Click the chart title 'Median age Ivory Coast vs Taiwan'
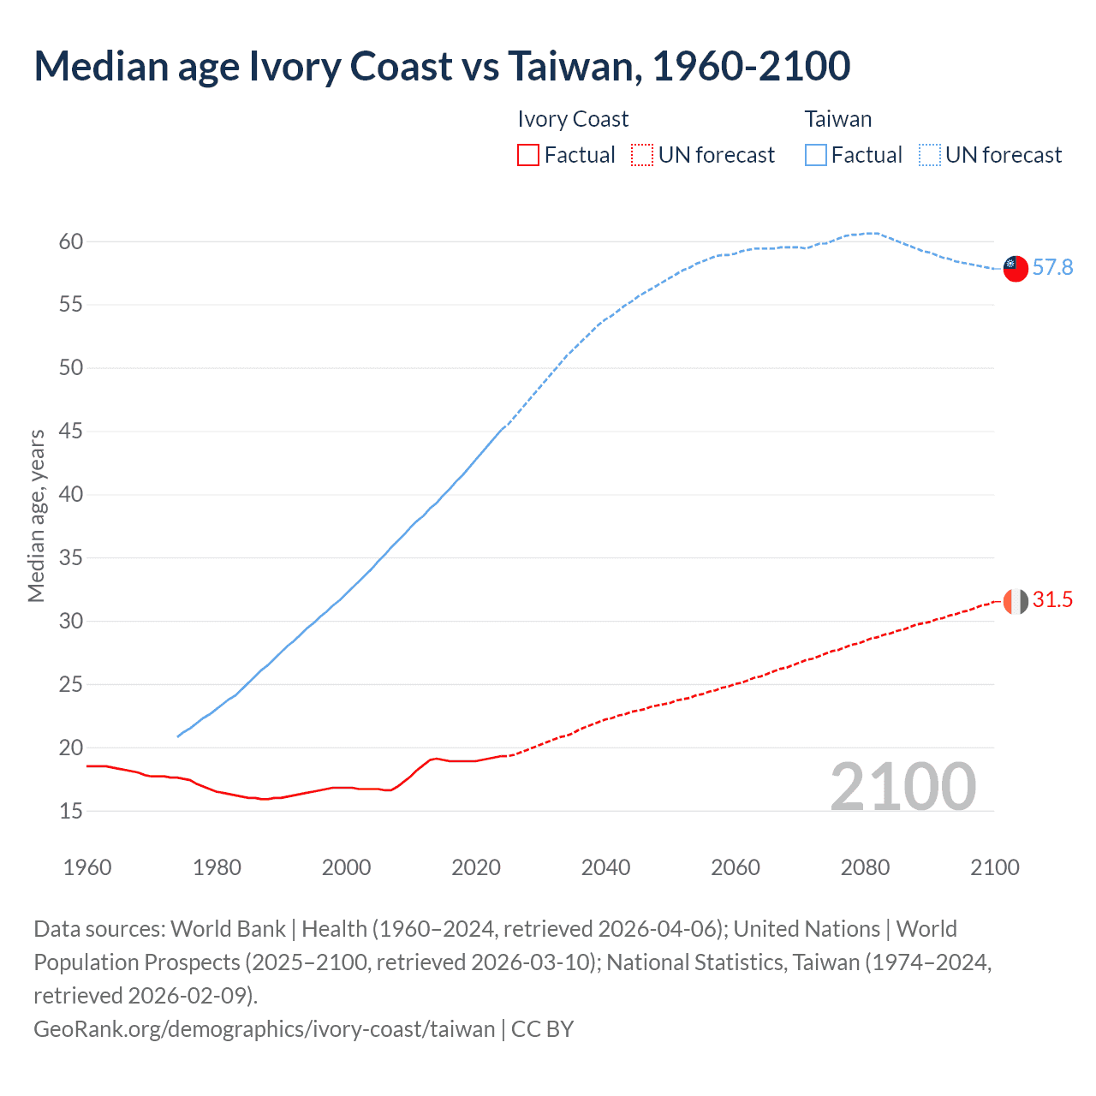click(442, 67)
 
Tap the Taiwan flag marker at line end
click(1015, 268)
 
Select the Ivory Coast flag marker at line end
click(1015, 601)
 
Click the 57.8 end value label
click(1052, 268)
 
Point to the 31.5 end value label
click(1052, 600)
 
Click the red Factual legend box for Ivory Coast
click(528, 155)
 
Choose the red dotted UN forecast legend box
click(642, 155)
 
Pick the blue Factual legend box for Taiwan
click(816, 155)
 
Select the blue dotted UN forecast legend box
click(929, 155)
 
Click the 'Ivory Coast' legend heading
click(573, 119)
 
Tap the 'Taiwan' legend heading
click(837, 119)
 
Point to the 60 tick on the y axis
click(71, 241)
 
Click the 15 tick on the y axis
click(71, 811)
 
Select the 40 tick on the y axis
click(71, 495)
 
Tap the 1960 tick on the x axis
click(87, 867)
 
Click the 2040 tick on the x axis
click(605, 867)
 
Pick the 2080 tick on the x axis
click(865, 867)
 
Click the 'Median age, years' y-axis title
click(36, 516)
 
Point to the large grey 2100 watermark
click(902, 787)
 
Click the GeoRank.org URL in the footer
click(264, 1028)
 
